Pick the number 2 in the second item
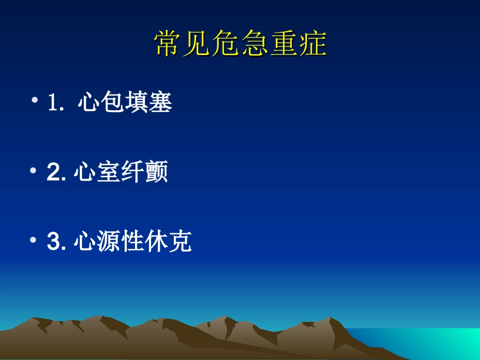coord(53,173)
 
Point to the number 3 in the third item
coord(53,242)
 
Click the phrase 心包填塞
coord(125,103)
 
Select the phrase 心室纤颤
coord(120,173)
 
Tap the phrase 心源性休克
coord(132,242)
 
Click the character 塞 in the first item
coord(161,103)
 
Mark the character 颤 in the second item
coord(157,173)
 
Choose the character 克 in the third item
coord(180,242)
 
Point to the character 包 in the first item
coord(113,103)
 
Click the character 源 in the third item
coord(109,242)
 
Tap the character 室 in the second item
coord(109,173)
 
